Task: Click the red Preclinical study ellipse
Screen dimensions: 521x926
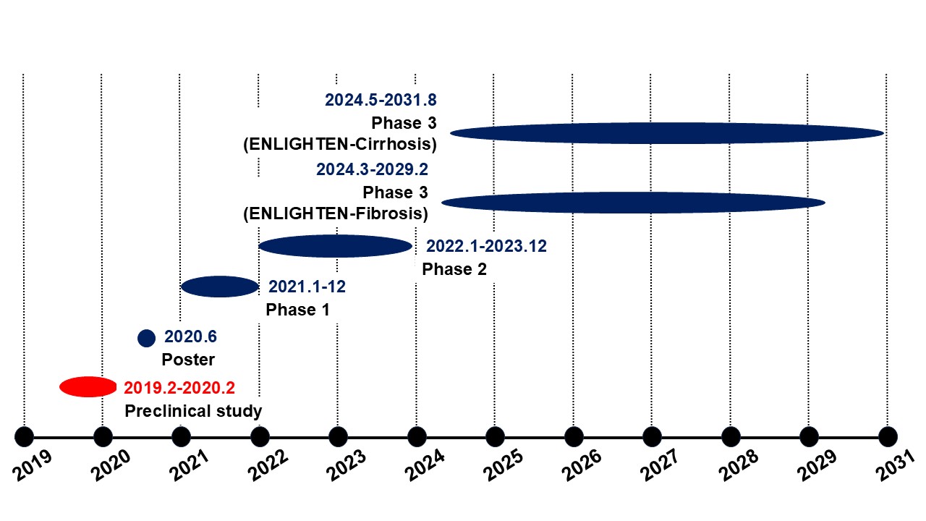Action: tap(88, 387)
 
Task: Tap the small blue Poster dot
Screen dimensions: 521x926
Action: tap(146, 337)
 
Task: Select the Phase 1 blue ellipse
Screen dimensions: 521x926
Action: tap(220, 287)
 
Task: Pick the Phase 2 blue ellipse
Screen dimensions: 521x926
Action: tap(335, 246)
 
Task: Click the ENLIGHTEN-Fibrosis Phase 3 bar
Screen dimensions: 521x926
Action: tap(633, 202)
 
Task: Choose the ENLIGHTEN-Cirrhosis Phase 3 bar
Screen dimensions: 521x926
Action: tap(667, 132)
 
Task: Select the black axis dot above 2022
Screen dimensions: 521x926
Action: tap(260, 437)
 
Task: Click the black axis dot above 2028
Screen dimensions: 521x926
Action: tap(731, 437)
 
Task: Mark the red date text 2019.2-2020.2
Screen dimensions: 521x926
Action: tap(179, 388)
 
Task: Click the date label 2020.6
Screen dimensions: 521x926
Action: tap(191, 336)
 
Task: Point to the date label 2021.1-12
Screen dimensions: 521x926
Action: tap(307, 287)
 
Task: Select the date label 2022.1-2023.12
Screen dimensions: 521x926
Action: tap(486, 246)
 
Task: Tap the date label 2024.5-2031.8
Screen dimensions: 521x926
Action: tap(381, 100)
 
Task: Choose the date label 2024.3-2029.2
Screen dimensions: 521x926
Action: tap(372, 170)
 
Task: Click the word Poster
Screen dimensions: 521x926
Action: tap(188, 360)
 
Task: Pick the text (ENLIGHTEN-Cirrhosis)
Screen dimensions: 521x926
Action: tap(340, 144)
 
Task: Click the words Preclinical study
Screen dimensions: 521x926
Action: tap(193, 412)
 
